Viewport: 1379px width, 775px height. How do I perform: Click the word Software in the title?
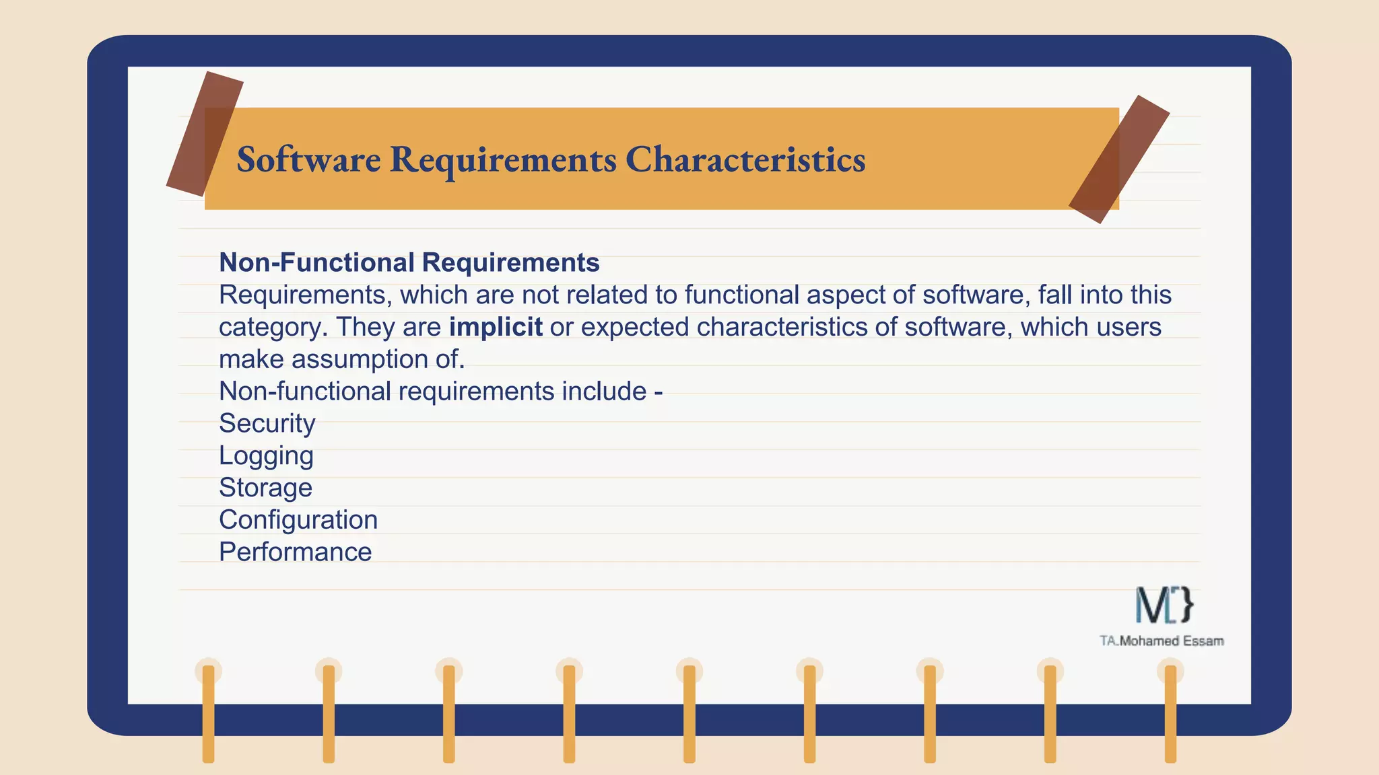coord(308,159)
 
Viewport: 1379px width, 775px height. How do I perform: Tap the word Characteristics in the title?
coord(745,159)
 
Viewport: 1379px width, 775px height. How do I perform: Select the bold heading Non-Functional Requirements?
coord(409,262)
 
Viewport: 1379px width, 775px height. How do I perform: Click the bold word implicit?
coord(496,327)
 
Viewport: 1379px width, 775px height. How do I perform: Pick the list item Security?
coord(267,423)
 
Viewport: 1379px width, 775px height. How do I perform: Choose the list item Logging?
coord(266,456)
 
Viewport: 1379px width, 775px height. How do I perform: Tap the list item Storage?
coord(265,488)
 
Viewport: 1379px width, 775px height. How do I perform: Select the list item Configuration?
coord(298,520)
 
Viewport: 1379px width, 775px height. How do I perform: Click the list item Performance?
coord(295,552)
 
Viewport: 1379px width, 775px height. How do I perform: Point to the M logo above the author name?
coord(1164,604)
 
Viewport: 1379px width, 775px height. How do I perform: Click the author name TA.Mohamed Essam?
coord(1162,641)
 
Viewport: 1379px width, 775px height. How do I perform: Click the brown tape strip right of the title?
coord(1119,159)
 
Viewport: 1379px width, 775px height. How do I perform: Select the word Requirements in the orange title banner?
coord(503,159)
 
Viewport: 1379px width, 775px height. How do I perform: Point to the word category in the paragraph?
coord(273,327)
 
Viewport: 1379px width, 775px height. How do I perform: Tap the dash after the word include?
coord(659,392)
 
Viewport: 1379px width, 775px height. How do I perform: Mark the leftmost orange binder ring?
coord(209,713)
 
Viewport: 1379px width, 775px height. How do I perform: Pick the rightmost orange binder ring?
coord(1170,713)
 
